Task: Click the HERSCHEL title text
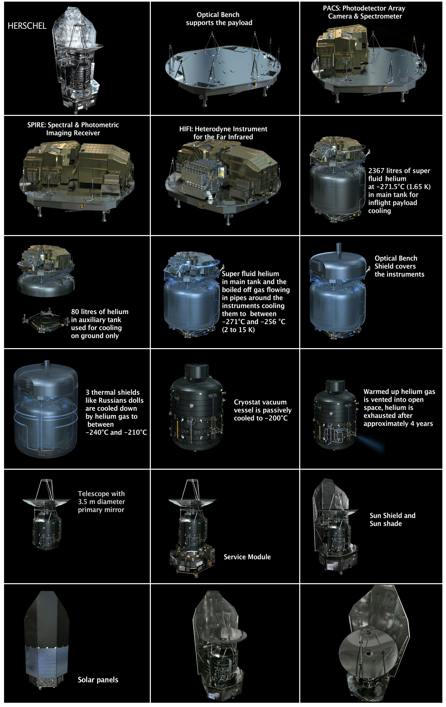tap(27, 26)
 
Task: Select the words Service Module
tap(247, 557)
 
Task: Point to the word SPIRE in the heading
tap(36, 125)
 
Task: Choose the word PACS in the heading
tap(331, 8)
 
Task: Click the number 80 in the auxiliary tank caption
tap(75, 312)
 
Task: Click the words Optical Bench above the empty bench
tap(218, 15)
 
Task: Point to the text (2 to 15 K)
tap(238, 330)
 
